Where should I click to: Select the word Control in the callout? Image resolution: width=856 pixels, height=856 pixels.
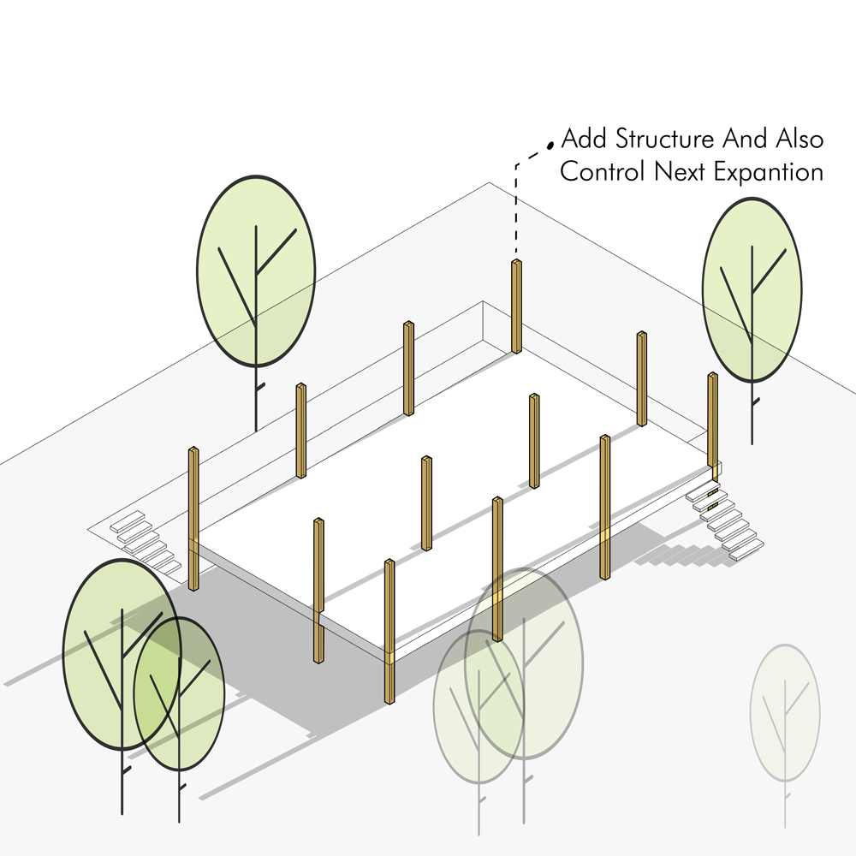pyautogui.click(x=603, y=172)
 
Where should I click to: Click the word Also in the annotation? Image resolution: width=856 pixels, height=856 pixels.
pyautogui.click(x=800, y=140)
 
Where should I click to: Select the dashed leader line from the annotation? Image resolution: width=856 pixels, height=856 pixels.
pyautogui.click(x=516, y=205)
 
